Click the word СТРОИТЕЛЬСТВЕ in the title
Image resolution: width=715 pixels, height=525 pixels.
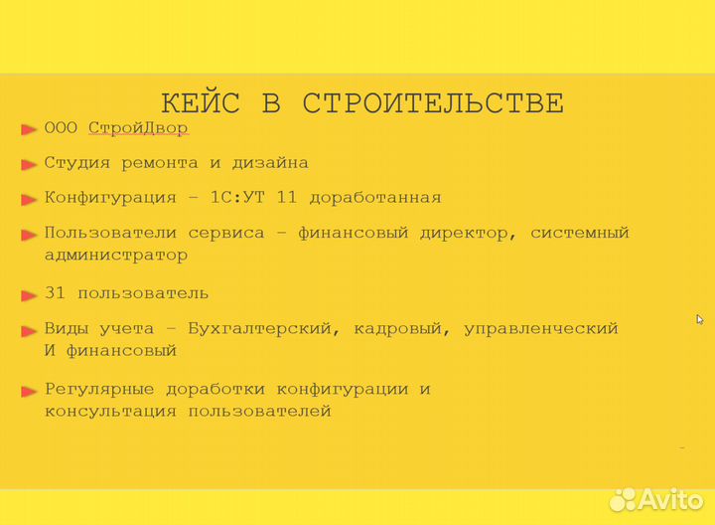pos(433,102)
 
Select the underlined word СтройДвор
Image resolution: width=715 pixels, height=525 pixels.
pos(138,128)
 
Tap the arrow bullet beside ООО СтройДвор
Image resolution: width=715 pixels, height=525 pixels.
pos(29,129)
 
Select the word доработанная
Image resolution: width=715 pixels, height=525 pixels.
pos(374,197)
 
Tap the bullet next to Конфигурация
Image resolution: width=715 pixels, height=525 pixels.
pos(29,199)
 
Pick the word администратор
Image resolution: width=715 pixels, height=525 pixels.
pos(115,255)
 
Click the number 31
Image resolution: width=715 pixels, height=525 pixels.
pos(56,292)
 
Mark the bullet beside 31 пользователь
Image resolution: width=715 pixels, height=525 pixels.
pos(29,294)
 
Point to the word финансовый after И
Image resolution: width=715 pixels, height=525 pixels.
pos(121,350)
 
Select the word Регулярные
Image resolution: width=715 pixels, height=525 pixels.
pos(98,389)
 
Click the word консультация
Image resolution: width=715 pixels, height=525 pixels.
pos(109,411)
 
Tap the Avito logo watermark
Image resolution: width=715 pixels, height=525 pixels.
pos(656,498)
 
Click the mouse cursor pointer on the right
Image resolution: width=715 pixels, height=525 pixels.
pos(699,319)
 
